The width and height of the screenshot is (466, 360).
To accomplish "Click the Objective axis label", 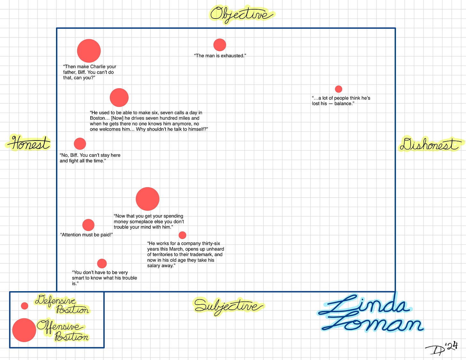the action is (242, 14).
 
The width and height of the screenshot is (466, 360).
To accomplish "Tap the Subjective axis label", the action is (228, 306).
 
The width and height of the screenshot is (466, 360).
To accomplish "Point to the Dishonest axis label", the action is (430, 144).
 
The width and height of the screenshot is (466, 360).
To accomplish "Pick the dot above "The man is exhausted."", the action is (220, 45).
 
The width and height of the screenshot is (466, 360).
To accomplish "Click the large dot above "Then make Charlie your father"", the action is (89, 51).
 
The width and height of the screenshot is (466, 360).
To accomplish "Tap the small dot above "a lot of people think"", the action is (338, 89).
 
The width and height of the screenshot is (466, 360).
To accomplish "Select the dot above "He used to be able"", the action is (119, 98).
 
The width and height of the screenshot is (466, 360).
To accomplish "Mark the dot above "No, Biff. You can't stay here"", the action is (80, 144).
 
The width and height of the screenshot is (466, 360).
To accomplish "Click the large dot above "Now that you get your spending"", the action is (148, 199).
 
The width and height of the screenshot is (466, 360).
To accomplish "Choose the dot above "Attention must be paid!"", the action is (88, 225).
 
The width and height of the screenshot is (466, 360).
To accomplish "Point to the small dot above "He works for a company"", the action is (182, 235).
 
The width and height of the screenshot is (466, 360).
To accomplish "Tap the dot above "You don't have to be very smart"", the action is (102, 263).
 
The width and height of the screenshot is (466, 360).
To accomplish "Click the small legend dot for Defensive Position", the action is (25, 306).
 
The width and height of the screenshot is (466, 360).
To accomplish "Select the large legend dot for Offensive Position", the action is (24, 330).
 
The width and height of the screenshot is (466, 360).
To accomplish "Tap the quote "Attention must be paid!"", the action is (86, 235).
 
